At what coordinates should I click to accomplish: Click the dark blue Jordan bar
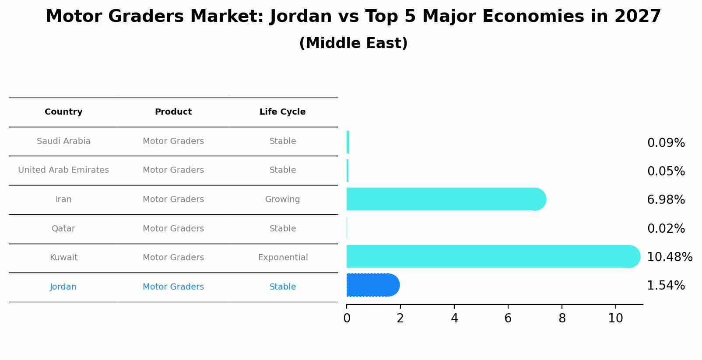pyautogui.click(x=373, y=285)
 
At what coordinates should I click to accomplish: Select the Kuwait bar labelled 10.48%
pyautogui.click(x=493, y=256)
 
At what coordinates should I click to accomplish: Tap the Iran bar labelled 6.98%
pyautogui.click(x=446, y=199)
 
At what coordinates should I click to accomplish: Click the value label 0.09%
pyautogui.click(x=666, y=143)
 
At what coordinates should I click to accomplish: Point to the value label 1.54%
pyautogui.click(x=666, y=286)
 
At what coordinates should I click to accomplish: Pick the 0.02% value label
pyautogui.click(x=666, y=228)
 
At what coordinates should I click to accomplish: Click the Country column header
pyautogui.click(x=63, y=112)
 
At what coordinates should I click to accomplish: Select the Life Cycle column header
pyautogui.click(x=282, y=112)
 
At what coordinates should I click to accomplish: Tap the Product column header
pyautogui.click(x=173, y=112)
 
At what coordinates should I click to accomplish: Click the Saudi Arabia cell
pyautogui.click(x=63, y=141)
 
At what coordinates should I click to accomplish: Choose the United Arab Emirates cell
pyautogui.click(x=63, y=170)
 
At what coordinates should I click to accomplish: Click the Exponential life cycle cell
pyautogui.click(x=283, y=258)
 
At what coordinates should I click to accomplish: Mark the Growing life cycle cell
pyautogui.click(x=282, y=199)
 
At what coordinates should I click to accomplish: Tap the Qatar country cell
pyautogui.click(x=63, y=228)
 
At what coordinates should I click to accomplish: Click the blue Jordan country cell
pyautogui.click(x=63, y=287)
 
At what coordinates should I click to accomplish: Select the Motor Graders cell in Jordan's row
pyautogui.click(x=173, y=287)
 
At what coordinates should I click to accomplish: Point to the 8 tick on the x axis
pyautogui.click(x=562, y=318)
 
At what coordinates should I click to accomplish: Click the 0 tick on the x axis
pyautogui.click(x=347, y=318)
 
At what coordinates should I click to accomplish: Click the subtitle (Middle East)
pyautogui.click(x=354, y=43)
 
